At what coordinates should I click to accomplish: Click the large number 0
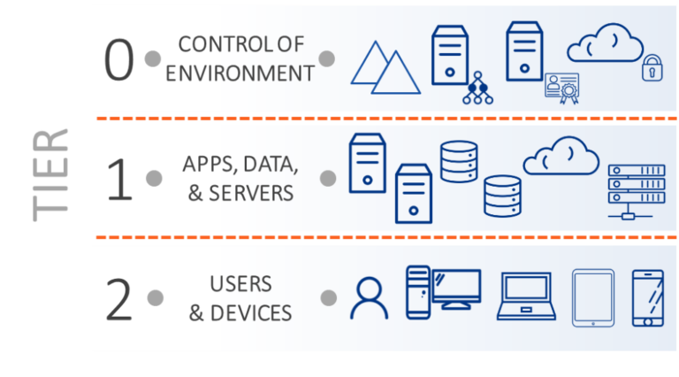[x=118, y=60]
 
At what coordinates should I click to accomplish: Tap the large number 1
[x=118, y=179]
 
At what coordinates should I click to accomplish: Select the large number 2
[x=118, y=301]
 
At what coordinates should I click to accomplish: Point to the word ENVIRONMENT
[x=240, y=73]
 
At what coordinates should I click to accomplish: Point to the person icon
[x=369, y=298]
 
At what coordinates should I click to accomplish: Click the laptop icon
[x=525, y=296]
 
